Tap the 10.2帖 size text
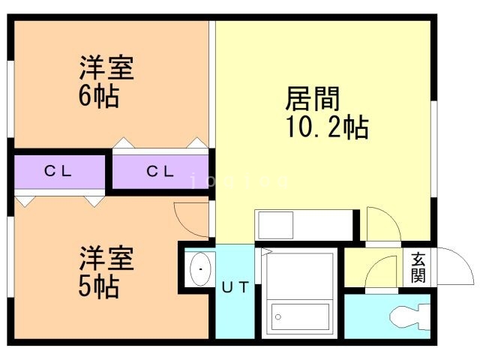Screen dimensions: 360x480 (326, 127)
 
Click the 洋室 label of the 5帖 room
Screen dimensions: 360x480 (106, 259)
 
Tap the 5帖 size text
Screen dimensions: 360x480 (98, 286)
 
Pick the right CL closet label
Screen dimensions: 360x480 (160, 172)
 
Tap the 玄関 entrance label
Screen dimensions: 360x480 (418, 267)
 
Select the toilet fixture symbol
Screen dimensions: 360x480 (409, 317)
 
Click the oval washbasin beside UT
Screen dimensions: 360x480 (199, 269)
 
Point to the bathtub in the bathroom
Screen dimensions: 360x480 (299, 316)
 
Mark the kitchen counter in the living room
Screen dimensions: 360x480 (304, 224)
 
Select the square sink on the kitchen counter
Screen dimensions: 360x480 (274, 224)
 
